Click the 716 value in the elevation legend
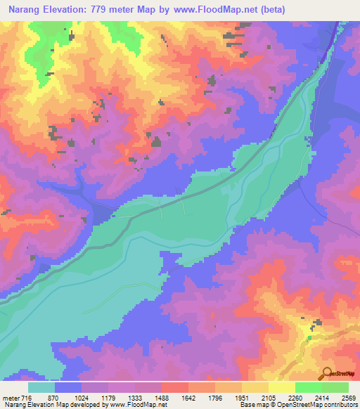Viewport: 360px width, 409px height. coord(27,397)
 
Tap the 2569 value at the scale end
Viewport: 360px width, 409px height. coord(347,397)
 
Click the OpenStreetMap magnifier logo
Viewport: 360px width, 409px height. coord(326,373)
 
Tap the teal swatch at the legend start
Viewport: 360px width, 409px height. coord(41,387)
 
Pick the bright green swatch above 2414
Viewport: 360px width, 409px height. coord(308,387)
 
